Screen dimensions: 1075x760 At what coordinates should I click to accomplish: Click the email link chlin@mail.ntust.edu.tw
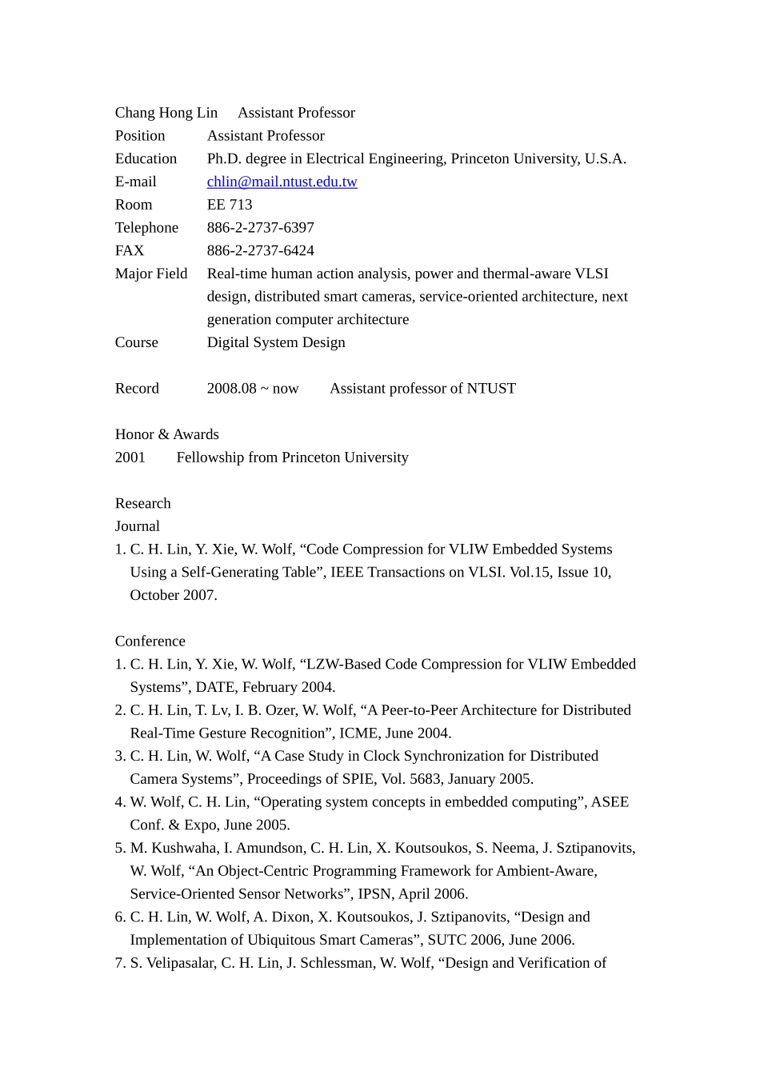click(282, 182)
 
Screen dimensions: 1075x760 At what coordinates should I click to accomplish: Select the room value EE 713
click(230, 205)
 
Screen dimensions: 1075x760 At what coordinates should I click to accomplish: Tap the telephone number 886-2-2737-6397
click(260, 228)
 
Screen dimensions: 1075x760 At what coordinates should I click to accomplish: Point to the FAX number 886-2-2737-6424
click(260, 251)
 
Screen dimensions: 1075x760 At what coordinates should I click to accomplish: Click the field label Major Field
click(151, 274)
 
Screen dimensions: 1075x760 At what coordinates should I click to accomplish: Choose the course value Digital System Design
click(276, 342)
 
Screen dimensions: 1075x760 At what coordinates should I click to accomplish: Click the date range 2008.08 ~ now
click(252, 389)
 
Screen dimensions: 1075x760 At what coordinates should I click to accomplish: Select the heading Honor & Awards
click(166, 434)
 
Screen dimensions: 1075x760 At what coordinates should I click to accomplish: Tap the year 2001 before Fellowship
click(130, 458)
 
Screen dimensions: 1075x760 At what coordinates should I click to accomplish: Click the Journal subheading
click(137, 526)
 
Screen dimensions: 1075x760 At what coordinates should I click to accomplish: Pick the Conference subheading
click(150, 641)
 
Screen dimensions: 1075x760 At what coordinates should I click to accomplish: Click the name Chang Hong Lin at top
click(166, 113)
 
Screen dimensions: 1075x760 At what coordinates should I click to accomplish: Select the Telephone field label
click(146, 228)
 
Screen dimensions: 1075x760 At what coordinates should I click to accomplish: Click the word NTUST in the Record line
click(491, 389)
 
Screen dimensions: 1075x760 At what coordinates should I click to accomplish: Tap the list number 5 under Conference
click(119, 848)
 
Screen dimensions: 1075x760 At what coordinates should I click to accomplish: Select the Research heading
click(142, 504)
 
